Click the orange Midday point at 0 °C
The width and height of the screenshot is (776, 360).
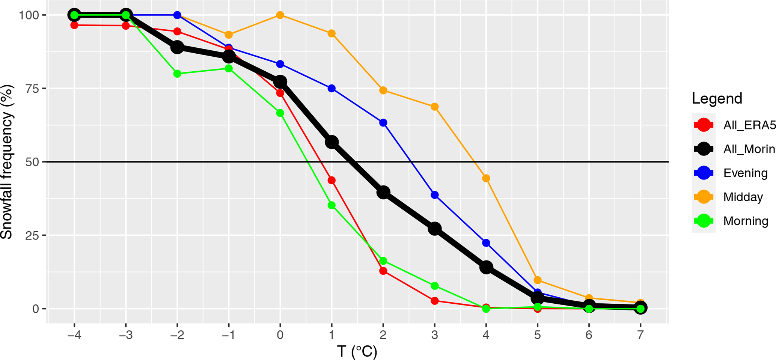(280, 15)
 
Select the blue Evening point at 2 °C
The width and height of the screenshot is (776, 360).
(383, 123)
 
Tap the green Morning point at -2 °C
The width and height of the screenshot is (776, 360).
(177, 74)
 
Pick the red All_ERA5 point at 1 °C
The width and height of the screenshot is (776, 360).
(331, 180)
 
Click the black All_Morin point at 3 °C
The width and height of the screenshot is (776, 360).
(435, 229)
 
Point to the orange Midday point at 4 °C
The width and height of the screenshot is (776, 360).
(486, 178)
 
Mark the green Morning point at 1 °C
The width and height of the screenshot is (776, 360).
(331, 205)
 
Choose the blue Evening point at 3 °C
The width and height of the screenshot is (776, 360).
(435, 195)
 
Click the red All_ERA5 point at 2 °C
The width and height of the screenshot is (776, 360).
(383, 271)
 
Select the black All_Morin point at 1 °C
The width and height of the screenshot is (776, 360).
(331, 142)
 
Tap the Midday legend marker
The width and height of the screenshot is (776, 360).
(704, 197)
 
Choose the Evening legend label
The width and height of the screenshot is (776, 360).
(745, 173)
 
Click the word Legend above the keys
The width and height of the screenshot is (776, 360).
(717, 99)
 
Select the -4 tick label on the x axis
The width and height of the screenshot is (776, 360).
(74, 335)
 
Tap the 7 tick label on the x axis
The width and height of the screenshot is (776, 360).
(640, 335)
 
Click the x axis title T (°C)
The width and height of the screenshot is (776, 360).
(357, 352)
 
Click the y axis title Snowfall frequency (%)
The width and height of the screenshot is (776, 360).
(8, 162)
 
